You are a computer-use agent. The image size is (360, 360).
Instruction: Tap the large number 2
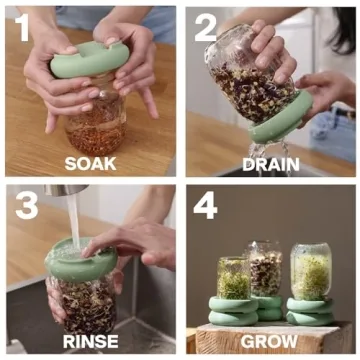[x=204, y=27]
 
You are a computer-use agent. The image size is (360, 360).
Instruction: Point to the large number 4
[x=205, y=206]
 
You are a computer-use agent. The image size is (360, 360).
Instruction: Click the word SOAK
[x=90, y=162]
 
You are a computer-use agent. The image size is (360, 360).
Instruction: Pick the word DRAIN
[x=269, y=162]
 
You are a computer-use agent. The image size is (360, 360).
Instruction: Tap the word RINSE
[x=90, y=341]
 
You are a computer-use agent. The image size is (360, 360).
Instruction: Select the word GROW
[x=269, y=341]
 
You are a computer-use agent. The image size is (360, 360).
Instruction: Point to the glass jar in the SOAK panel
[x=96, y=125]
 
